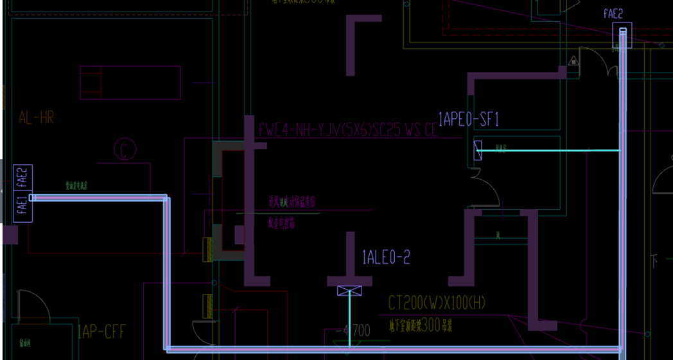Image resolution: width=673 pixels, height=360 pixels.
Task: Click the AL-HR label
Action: [x=36, y=117]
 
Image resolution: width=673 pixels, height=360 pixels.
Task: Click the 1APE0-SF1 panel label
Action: [x=468, y=118]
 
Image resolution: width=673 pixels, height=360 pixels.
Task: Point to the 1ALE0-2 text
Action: [x=385, y=258]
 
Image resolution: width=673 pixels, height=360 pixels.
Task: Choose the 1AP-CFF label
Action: [x=101, y=332]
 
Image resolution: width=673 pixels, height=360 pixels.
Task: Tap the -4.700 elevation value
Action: [x=353, y=331]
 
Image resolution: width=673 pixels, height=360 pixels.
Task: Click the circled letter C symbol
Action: [x=124, y=150]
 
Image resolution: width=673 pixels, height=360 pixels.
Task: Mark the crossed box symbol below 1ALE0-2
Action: [x=349, y=291]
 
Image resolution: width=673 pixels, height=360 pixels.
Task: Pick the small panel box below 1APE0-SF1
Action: [x=478, y=151]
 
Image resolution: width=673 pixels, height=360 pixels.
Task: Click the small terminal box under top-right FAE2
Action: [x=622, y=34]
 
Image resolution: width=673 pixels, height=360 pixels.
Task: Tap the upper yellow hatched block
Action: [x=208, y=249]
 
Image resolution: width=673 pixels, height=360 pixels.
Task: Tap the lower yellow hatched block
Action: [x=208, y=305]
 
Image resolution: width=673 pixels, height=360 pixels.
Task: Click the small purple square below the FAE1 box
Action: [x=10, y=236]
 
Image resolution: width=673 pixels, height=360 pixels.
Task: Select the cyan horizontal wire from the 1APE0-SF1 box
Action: [x=552, y=151]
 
